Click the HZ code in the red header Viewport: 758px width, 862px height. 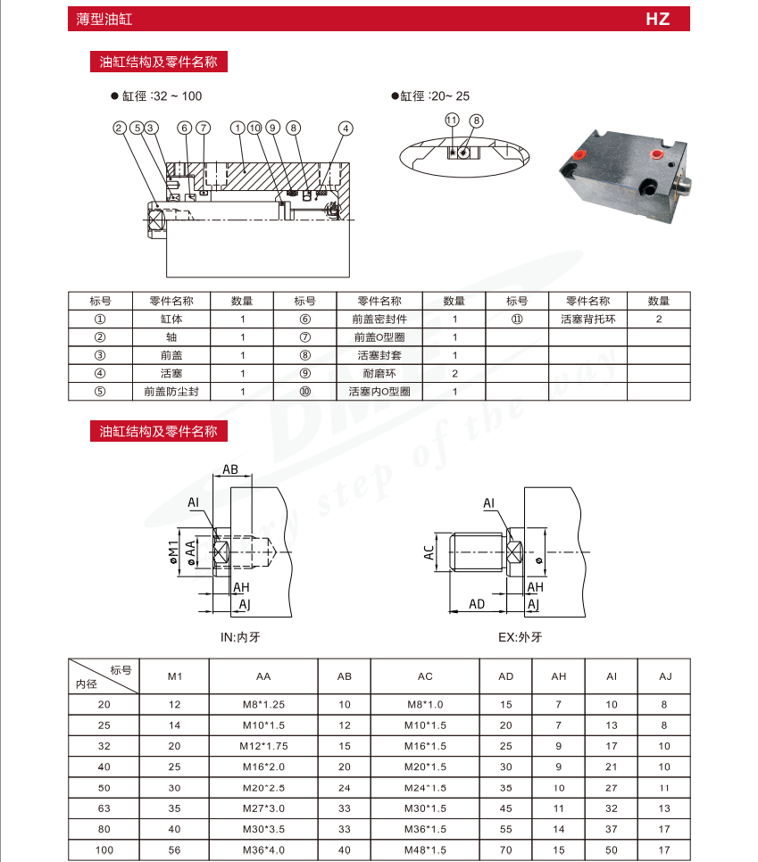657,19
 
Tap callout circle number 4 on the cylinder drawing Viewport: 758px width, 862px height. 346,128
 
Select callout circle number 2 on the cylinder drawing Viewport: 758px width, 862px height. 119,128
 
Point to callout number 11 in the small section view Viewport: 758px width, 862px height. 452,120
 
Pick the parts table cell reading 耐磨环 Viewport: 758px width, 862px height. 379,373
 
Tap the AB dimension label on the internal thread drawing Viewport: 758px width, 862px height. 230,469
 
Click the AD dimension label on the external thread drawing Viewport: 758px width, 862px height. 477,604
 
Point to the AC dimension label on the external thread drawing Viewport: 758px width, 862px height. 429,553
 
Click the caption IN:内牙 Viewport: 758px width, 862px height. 239,637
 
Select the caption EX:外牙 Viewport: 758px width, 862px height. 521,637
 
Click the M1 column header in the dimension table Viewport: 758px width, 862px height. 175,676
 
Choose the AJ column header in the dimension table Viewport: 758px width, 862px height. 664,676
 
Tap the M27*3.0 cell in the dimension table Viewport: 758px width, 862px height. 263,808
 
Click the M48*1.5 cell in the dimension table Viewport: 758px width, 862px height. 425,850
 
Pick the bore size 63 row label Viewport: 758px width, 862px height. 104,808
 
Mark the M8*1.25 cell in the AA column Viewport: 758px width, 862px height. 263,704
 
